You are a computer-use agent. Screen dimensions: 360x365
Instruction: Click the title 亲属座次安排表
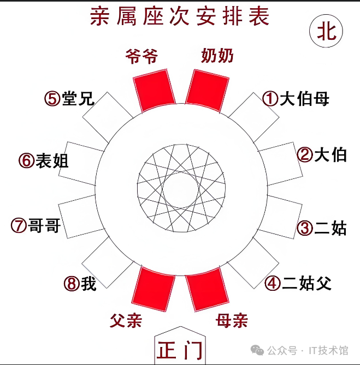point(180,17)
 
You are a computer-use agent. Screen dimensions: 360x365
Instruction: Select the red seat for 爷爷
point(155,90)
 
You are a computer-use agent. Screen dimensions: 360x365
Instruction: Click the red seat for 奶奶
point(208,90)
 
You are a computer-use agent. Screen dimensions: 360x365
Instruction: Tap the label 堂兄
point(78,99)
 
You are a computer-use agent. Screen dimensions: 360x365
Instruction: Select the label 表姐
point(52,161)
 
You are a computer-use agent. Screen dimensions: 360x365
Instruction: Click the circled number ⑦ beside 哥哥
point(19,225)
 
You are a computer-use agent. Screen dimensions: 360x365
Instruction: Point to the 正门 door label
point(180,350)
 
